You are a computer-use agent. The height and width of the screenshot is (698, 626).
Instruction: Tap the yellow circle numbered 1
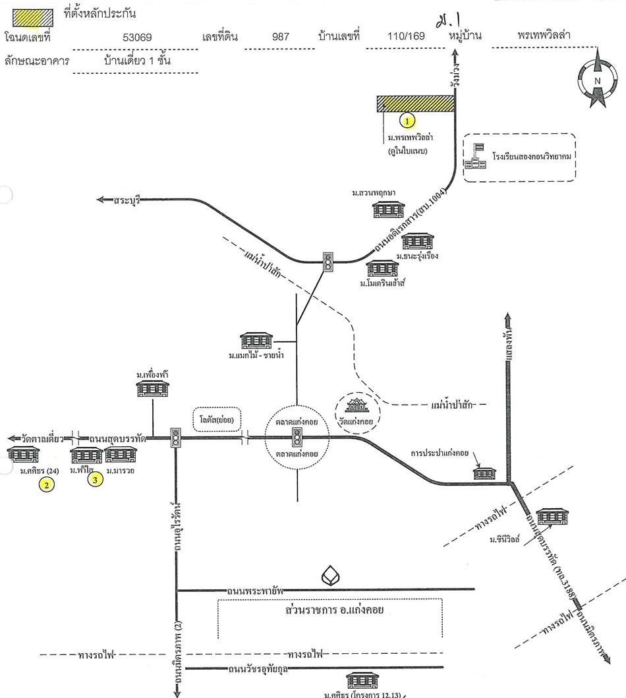[409, 121]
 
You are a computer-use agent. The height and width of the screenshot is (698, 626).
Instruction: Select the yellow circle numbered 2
[46, 485]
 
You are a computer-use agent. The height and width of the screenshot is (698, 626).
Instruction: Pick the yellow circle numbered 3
[96, 480]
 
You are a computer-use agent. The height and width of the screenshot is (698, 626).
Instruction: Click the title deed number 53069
[137, 37]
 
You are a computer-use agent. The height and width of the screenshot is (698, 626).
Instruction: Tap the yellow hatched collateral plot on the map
[415, 104]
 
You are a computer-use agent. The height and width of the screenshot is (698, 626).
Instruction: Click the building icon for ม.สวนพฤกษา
[385, 210]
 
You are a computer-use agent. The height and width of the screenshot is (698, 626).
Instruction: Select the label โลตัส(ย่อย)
[217, 419]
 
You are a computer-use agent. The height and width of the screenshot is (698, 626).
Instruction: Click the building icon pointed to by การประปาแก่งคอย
[484, 473]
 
